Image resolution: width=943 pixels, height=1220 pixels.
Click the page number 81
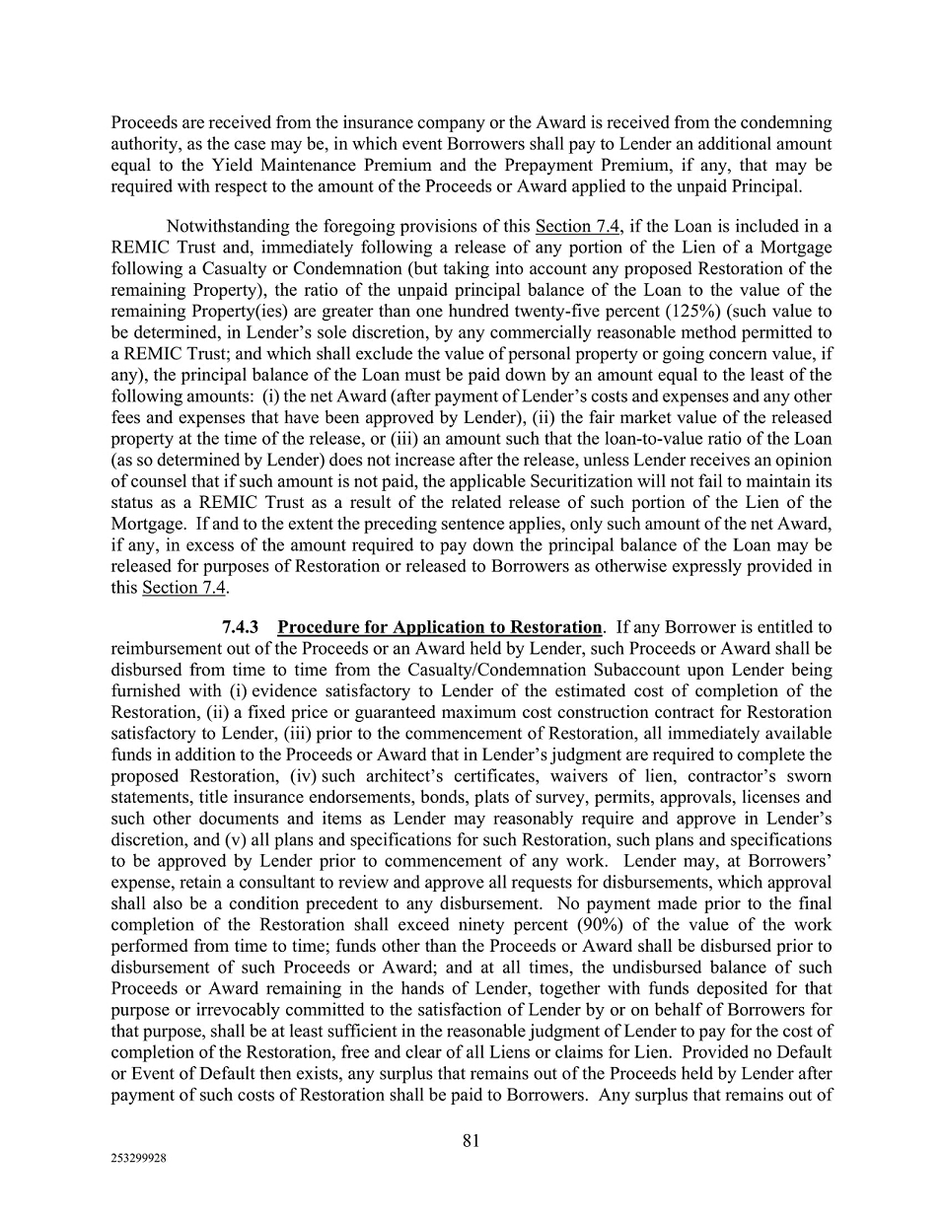click(471, 1141)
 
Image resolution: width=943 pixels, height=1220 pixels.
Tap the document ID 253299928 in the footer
click(138, 1160)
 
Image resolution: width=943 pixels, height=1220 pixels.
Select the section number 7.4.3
click(241, 627)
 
